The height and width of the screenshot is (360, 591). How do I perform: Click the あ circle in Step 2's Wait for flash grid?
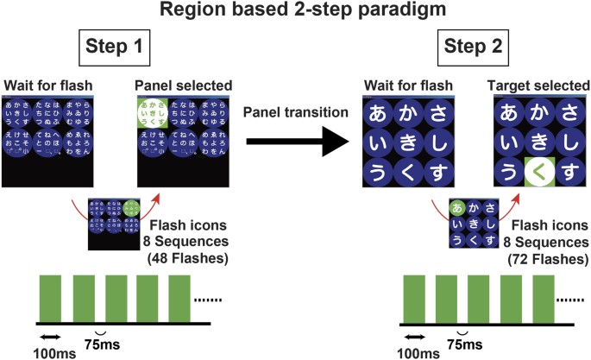pos(377,112)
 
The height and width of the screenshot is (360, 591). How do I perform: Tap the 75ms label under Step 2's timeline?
pos(464,341)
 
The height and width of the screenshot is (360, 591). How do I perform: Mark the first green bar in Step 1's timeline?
pos(51,298)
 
